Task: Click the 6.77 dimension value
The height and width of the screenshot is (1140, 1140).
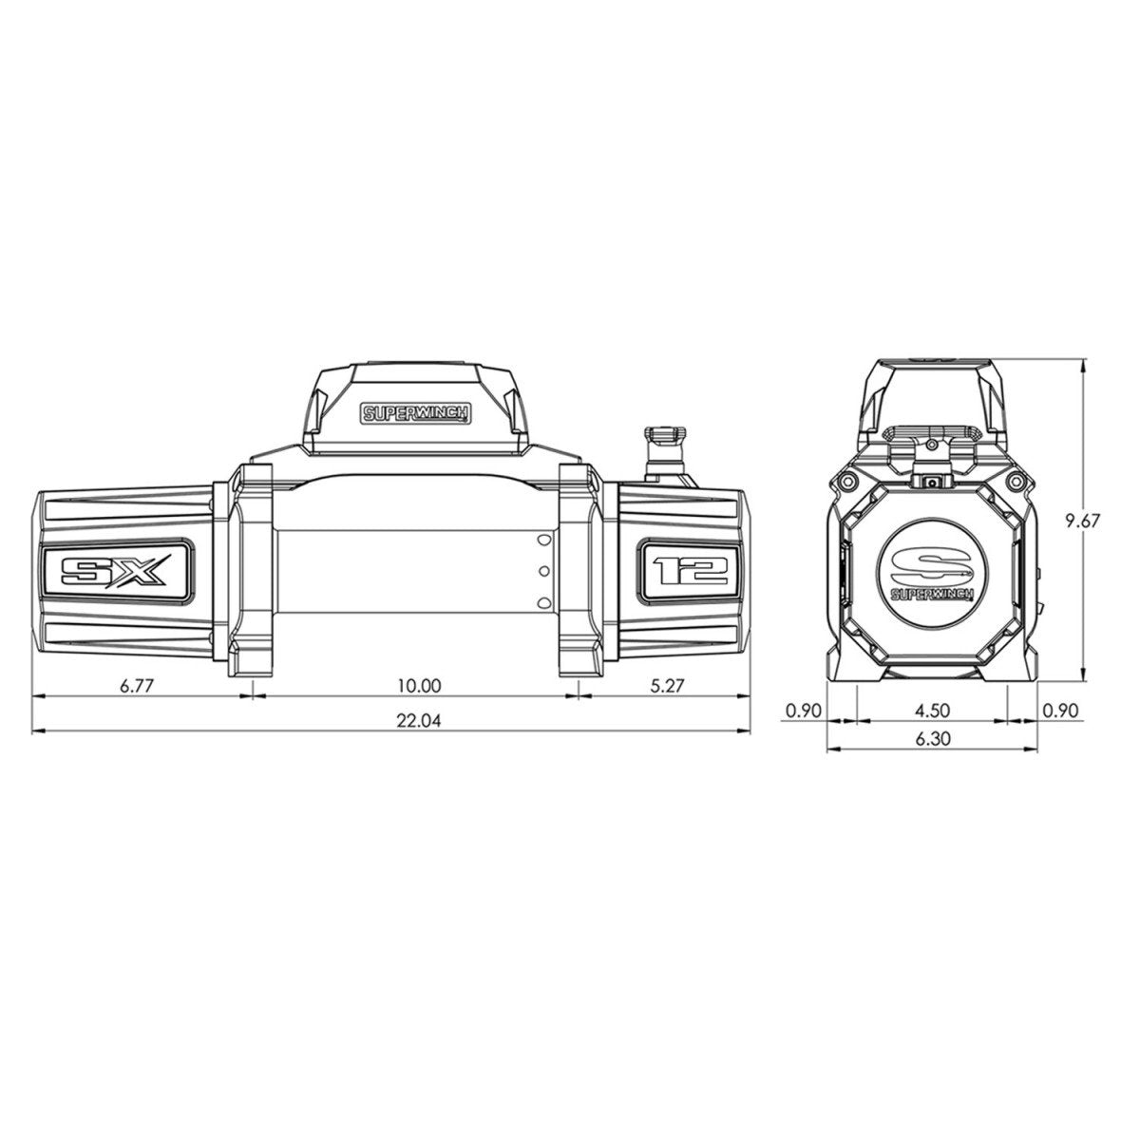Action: pos(137,686)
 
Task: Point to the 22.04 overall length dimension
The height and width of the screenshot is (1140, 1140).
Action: pos(418,721)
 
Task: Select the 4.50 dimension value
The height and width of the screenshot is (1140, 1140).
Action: pos(932,710)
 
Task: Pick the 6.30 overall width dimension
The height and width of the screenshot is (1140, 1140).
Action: pos(932,738)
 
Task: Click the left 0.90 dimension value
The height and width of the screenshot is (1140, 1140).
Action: pos(803,710)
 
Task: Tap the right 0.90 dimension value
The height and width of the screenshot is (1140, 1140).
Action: pos(1060,710)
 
